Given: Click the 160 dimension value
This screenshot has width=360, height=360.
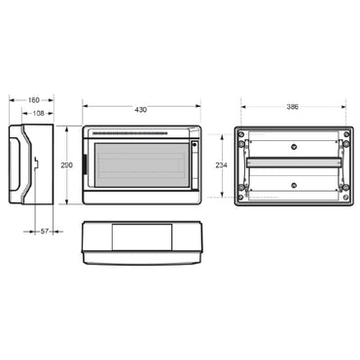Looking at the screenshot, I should tap(33, 99).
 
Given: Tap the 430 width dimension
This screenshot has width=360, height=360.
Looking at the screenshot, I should tap(141, 109).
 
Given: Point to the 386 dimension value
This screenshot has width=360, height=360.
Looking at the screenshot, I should tap(292, 105).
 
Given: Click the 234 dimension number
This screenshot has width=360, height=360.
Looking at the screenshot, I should tap(223, 166).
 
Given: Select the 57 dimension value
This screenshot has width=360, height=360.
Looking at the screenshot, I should tap(45, 231).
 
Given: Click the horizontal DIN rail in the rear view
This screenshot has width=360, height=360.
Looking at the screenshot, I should tap(292, 162).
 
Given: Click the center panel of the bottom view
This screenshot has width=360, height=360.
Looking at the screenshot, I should tap(141, 238).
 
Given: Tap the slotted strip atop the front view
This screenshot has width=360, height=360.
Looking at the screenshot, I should tap(141, 132).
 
